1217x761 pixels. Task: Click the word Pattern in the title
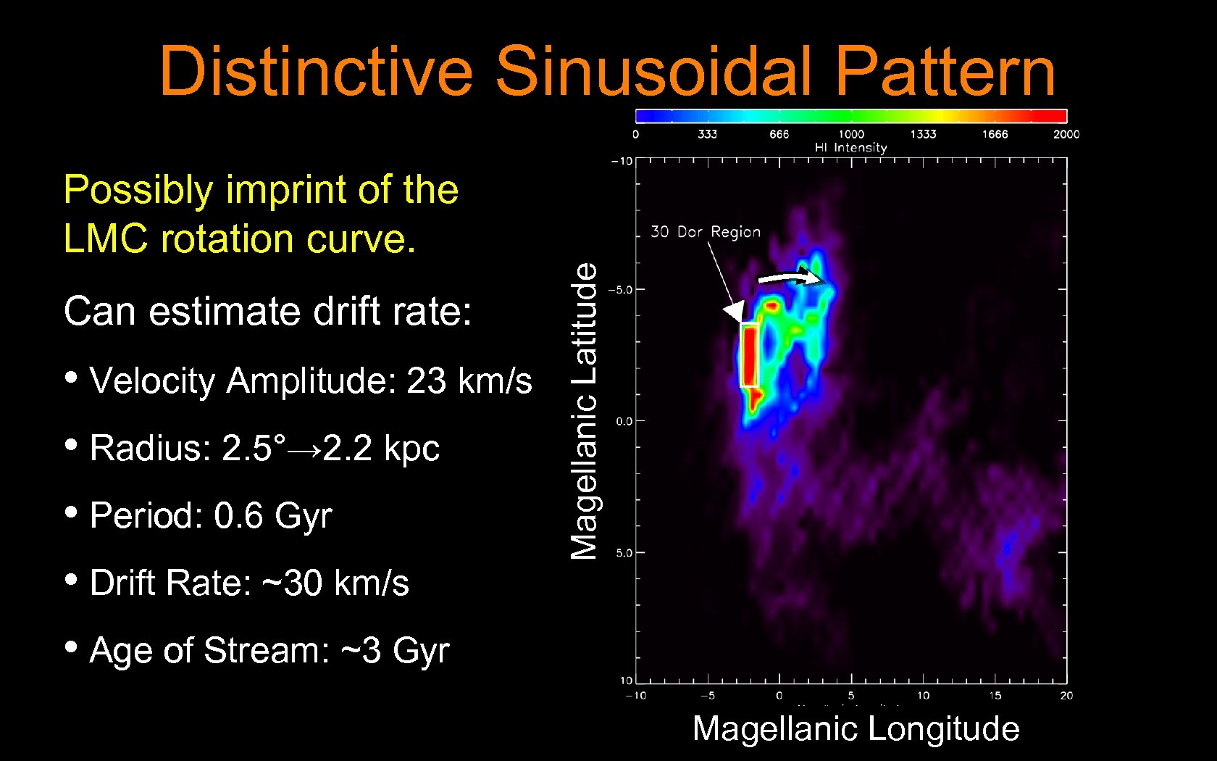pyautogui.click(x=945, y=71)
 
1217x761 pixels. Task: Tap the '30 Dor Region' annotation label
pyautogui.click(x=706, y=232)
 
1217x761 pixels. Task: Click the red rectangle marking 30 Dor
pyautogui.click(x=749, y=356)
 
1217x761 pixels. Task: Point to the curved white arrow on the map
pyautogui.click(x=789, y=278)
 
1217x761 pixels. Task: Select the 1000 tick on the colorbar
pyautogui.click(x=851, y=134)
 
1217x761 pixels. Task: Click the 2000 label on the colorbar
pyautogui.click(x=1066, y=134)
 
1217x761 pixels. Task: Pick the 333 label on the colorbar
pyautogui.click(x=707, y=134)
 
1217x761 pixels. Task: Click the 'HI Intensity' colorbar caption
pyautogui.click(x=850, y=148)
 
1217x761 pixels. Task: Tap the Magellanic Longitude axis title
pyautogui.click(x=856, y=728)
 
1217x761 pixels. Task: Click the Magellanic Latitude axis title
pyautogui.click(x=584, y=411)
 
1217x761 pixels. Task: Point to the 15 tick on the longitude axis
pyautogui.click(x=995, y=695)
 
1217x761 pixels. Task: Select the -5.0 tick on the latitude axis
pyautogui.click(x=620, y=290)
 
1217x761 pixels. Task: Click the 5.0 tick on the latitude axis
pyautogui.click(x=624, y=553)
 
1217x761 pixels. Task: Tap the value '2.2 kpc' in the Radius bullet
pyautogui.click(x=381, y=448)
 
